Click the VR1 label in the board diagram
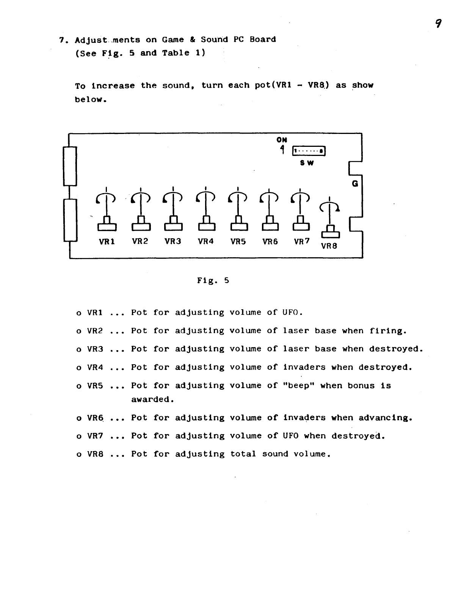[x=107, y=241]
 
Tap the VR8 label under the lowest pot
[x=329, y=246]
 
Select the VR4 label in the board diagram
[x=206, y=241]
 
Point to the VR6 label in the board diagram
[x=270, y=241]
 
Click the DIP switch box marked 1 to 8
[x=309, y=151]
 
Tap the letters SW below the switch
[x=307, y=163]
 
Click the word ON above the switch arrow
[x=282, y=140]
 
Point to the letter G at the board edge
[x=355, y=184]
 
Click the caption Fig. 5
[x=213, y=281]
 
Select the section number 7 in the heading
[x=61, y=40]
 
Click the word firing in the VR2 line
[x=387, y=331]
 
